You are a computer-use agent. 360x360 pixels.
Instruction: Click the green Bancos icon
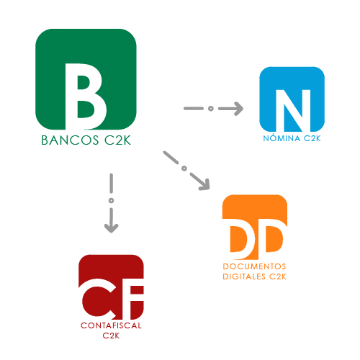pos(86,79)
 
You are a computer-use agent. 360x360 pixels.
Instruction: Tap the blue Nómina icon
pos(292,99)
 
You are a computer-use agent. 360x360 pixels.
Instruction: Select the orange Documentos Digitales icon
pos(255,227)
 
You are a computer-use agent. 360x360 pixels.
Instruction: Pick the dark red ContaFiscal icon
pos(111,287)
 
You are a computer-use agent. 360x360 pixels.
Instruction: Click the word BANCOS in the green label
pos(70,140)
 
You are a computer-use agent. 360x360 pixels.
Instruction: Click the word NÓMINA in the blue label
pos(282,138)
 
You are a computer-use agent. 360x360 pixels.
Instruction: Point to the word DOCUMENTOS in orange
pos(254,266)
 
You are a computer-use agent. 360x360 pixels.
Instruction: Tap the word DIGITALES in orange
pos(244,276)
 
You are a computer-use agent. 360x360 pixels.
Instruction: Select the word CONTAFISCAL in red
pos(111,325)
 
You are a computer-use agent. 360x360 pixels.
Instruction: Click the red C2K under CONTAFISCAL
pos(111,336)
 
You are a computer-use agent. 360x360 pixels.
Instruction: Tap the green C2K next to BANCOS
pos(117,140)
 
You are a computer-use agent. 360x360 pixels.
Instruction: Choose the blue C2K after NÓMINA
pos(312,138)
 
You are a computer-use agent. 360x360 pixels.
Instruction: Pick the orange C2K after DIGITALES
pos(278,276)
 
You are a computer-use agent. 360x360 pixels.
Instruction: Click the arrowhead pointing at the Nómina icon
pos(238,109)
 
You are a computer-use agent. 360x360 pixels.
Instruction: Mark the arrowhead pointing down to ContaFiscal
pos(111,228)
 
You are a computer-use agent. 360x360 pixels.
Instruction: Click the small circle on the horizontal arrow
pos(211,109)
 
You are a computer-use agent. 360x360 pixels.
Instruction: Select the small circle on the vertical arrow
pos(111,200)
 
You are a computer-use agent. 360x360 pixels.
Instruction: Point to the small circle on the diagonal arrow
pos(184,168)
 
